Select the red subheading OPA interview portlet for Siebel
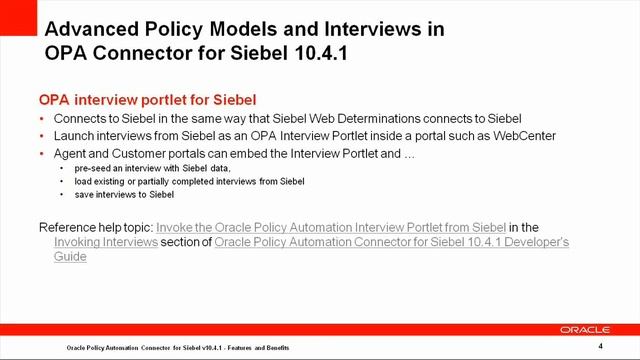(147, 100)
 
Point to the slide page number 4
(600, 345)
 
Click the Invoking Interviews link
(106, 242)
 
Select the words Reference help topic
(95, 228)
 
